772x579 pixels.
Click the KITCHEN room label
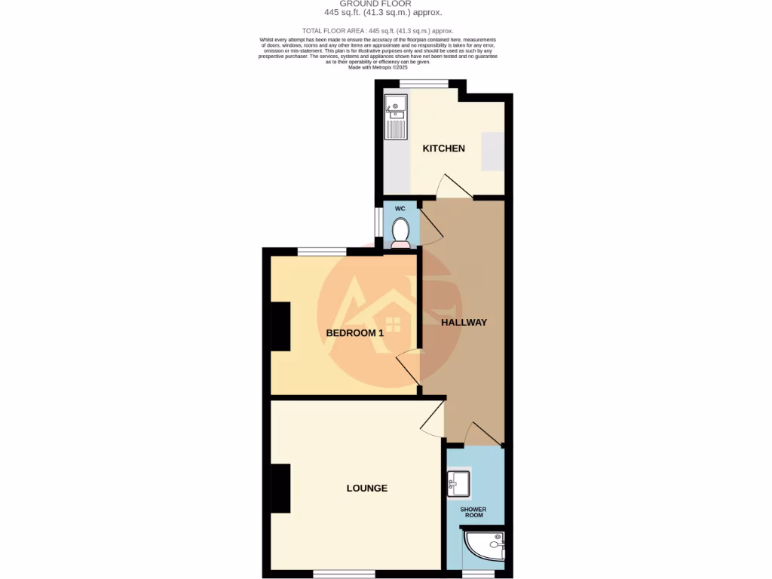pos(443,149)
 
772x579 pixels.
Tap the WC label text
pos(400,208)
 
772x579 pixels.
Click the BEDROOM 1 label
pos(354,332)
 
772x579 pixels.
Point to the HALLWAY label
pos(464,322)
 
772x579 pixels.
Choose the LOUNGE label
pos(366,488)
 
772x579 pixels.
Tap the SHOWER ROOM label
pos(473,513)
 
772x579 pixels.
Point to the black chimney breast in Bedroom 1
pos(280,326)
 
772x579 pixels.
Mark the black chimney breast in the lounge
pos(280,489)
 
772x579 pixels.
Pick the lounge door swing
pos(433,421)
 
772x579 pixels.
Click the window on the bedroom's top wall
pos(322,252)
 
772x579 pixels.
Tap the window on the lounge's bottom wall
pos(344,574)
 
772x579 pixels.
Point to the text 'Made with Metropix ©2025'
pos(378,66)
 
